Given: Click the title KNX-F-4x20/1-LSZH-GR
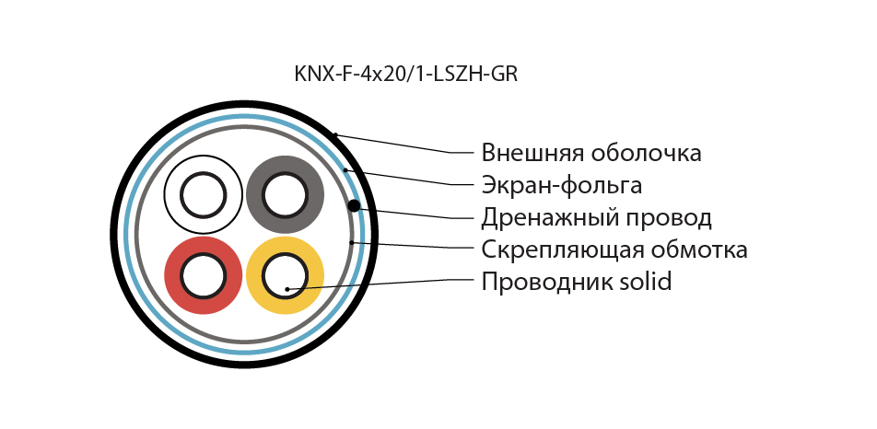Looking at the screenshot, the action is pos(405,74).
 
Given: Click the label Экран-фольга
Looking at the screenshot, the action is pos(562,185).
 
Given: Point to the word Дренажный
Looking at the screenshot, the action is pos(554,218).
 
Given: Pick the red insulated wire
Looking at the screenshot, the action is pos(203,275).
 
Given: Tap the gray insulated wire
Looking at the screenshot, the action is pos(286,195).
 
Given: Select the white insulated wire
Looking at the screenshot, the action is pos(203,195).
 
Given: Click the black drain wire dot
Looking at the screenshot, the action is pos(354,206).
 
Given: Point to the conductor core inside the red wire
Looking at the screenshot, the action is pos(203,275).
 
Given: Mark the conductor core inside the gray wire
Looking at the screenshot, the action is pos(286,195).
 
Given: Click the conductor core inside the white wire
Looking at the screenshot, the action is pos(203,195).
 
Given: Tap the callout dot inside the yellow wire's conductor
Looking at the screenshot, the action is pos(286,289).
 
